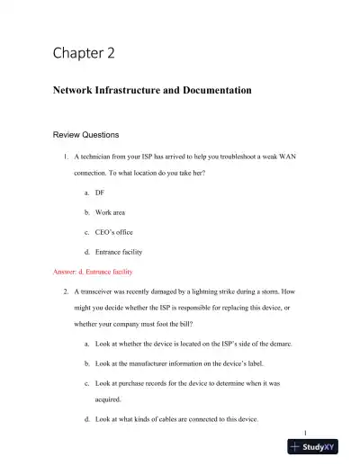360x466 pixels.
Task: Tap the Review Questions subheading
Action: tap(86, 135)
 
